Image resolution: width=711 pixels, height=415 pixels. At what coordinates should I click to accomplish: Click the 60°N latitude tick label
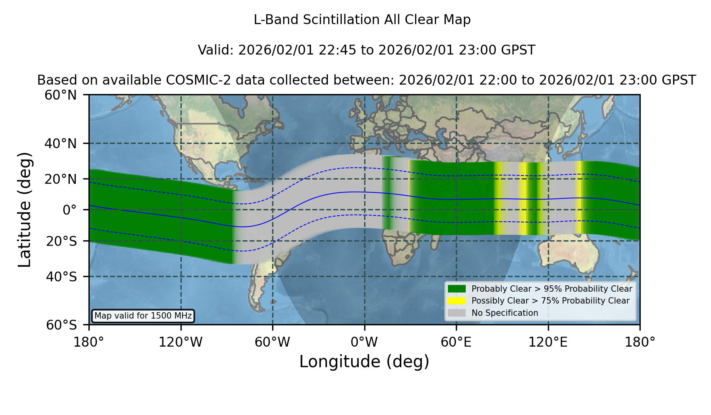pyautogui.click(x=60, y=95)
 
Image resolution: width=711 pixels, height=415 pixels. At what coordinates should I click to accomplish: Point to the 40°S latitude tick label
pyautogui.click(x=61, y=277)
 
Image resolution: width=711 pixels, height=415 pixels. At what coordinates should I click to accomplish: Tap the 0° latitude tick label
pyautogui.click(x=70, y=210)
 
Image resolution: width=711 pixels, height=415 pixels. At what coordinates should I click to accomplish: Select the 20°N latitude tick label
pyautogui.click(x=60, y=179)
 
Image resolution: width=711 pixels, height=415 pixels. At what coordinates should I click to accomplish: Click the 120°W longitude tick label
pyautogui.click(x=181, y=342)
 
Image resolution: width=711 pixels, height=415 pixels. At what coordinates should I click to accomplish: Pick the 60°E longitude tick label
pyautogui.click(x=456, y=342)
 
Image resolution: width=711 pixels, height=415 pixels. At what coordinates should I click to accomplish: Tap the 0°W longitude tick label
pyautogui.click(x=364, y=342)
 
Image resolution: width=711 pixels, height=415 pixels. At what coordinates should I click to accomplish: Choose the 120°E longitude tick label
pyautogui.click(x=548, y=342)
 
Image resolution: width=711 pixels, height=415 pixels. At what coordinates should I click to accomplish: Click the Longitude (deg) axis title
pyautogui.click(x=364, y=362)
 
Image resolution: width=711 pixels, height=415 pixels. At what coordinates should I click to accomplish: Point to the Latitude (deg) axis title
pyautogui.click(x=24, y=209)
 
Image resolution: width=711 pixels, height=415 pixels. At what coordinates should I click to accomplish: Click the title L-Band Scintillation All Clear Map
pyautogui.click(x=362, y=20)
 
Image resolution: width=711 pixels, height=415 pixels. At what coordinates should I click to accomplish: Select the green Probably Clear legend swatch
pyautogui.click(x=457, y=289)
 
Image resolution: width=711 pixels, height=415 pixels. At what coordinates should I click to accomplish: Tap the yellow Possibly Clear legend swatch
pyautogui.click(x=457, y=301)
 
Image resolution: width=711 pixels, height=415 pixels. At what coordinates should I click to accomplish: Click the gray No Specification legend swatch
pyautogui.click(x=457, y=313)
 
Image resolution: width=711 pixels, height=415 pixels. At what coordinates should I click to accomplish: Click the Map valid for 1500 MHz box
pyautogui.click(x=143, y=316)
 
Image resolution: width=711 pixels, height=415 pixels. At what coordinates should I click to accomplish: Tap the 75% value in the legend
pyautogui.click(x=549, y=301)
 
